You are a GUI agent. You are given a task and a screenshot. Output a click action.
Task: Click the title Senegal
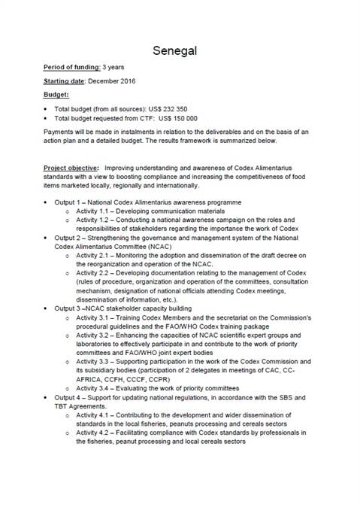click(180, 50)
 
